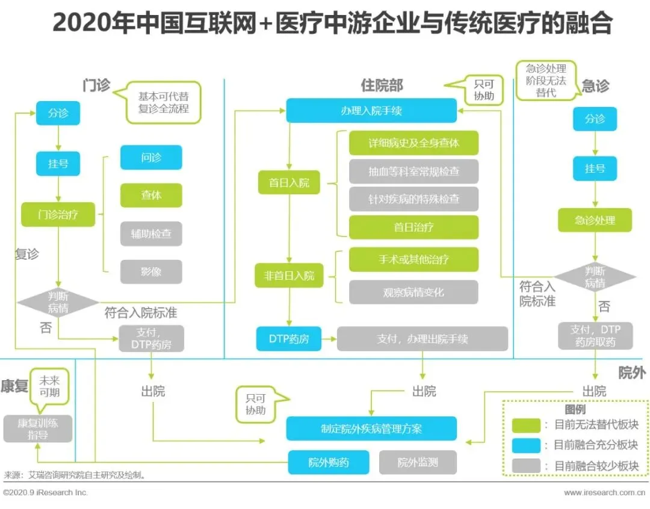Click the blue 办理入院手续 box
point(371,111)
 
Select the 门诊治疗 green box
point(58,214)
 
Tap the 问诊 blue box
point(151,158)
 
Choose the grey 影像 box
point(151,271)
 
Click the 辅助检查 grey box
point(151,233)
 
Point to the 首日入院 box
point(289,182)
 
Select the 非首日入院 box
point(289,276)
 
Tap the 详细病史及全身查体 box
point(413,143)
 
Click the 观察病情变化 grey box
point(413,292)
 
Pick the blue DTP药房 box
point(289,339)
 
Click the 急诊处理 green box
point(595,220)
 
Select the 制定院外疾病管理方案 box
point(371,428)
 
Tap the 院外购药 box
point(328,462)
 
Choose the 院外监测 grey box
point(418,462)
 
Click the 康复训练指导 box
point(37,428)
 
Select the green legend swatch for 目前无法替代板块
point(526,425)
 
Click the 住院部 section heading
point(382,85)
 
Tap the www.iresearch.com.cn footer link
point(599,493)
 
